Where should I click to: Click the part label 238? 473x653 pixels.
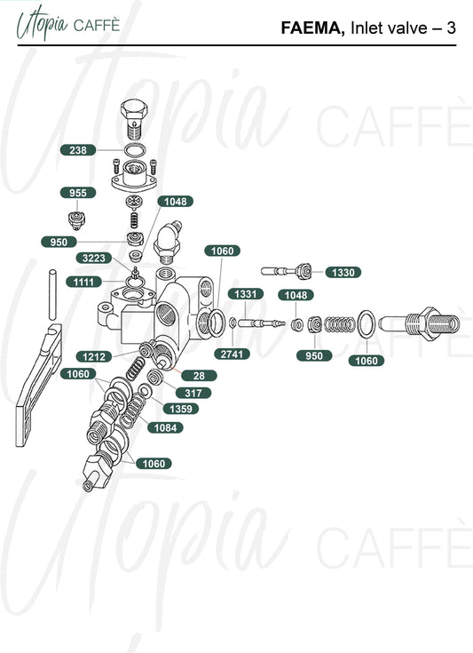click(78, 150)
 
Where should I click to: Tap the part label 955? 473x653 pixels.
click(78, 193)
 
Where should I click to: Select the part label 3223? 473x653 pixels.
click(94, 259)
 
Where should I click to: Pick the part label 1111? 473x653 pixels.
click(84, 282)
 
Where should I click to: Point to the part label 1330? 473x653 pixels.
click(343, 273)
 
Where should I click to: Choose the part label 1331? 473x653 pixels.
click(246, 294)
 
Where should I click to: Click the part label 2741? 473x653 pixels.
click(233, 354)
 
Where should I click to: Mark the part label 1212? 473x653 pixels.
click(94, 356)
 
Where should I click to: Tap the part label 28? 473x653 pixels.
click(200, 376)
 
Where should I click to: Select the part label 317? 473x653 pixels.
click(193, 393)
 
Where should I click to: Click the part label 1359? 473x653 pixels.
click(181, 409)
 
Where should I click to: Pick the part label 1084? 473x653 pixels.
click(166, 427)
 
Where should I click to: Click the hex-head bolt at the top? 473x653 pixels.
click(134, 119)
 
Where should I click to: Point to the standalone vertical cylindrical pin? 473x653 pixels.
click(53, 294)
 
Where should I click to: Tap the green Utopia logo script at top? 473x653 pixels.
click(42, 25)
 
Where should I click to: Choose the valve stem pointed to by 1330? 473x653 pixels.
click(287, 272)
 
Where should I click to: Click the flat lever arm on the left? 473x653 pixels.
click(38, 386)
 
